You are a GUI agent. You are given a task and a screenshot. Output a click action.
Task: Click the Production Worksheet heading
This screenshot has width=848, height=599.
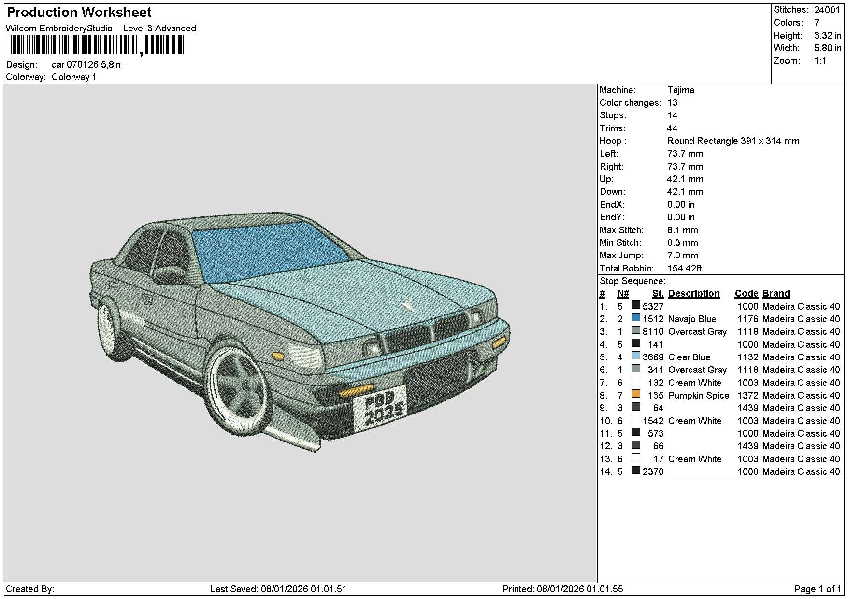[79, 13]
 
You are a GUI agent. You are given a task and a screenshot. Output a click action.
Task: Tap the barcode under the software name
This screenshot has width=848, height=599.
[96, 46]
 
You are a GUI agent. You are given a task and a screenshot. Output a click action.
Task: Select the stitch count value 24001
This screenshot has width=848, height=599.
[827, 10]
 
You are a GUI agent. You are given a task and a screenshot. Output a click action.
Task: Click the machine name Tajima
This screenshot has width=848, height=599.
[680, 90]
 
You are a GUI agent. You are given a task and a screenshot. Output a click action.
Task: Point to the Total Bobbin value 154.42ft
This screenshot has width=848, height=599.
[684, 268]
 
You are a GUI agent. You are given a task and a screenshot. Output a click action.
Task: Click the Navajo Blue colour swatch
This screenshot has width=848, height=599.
[636, 318]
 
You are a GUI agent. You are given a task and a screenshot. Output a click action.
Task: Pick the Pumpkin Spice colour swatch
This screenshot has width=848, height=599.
[636, 394]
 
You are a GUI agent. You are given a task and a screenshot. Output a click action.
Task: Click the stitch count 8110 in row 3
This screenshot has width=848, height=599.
[653, 332]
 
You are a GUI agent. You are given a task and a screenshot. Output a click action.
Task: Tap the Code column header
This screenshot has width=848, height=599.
[746, 294]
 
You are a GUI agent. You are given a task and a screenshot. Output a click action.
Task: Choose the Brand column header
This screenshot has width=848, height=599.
[776, 294]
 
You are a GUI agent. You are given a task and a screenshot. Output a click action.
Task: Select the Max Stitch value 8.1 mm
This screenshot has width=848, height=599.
[682, 230]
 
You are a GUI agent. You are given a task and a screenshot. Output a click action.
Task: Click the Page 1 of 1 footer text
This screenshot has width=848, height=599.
[818, 589]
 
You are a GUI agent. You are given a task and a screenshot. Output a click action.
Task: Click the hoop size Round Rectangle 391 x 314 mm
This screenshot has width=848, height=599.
[733, 141]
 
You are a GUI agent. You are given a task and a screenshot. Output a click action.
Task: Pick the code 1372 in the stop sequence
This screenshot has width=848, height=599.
[747, 395]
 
